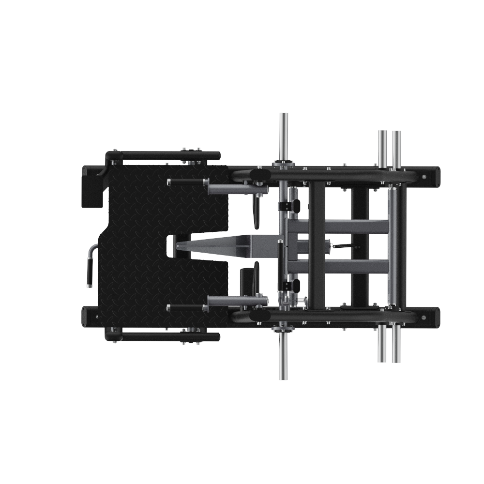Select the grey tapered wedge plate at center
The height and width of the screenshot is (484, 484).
227,246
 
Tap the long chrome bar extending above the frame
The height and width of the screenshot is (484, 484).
284,136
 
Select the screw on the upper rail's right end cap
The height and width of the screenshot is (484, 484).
424,177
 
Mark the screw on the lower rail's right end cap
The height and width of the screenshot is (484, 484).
424,318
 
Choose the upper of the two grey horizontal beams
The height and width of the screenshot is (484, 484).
339,227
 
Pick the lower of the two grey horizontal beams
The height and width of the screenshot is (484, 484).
339,266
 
